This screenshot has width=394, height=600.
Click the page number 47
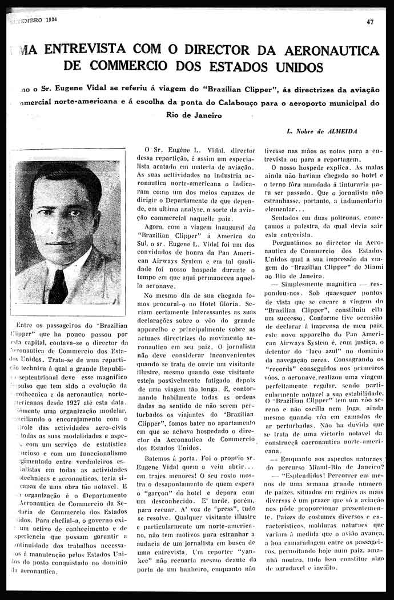(x=371, y=22)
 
